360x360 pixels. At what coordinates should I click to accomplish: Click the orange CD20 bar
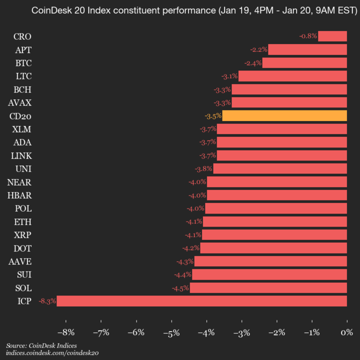[x=284, y=116]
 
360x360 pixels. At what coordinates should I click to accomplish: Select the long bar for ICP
[x=201, y=301]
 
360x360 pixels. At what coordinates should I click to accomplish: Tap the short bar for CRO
[x=332, y=36]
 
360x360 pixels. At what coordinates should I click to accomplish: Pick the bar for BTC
[x=304, y=63]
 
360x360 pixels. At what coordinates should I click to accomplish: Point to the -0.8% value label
[x=308, y=36]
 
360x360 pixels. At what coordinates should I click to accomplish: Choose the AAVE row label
[x=20, y=261]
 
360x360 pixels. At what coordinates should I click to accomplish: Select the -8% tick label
[x=66, y=332]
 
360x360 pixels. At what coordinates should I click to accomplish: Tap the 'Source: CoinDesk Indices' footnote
[x=41, y=345]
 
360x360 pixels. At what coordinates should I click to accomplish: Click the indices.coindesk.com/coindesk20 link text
[x=52, y=353]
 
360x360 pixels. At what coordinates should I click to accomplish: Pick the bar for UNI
[x=280, y=168]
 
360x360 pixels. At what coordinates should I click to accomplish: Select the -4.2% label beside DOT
[x=191, y=248]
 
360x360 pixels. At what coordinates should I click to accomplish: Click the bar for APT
[x=307, y=49]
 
